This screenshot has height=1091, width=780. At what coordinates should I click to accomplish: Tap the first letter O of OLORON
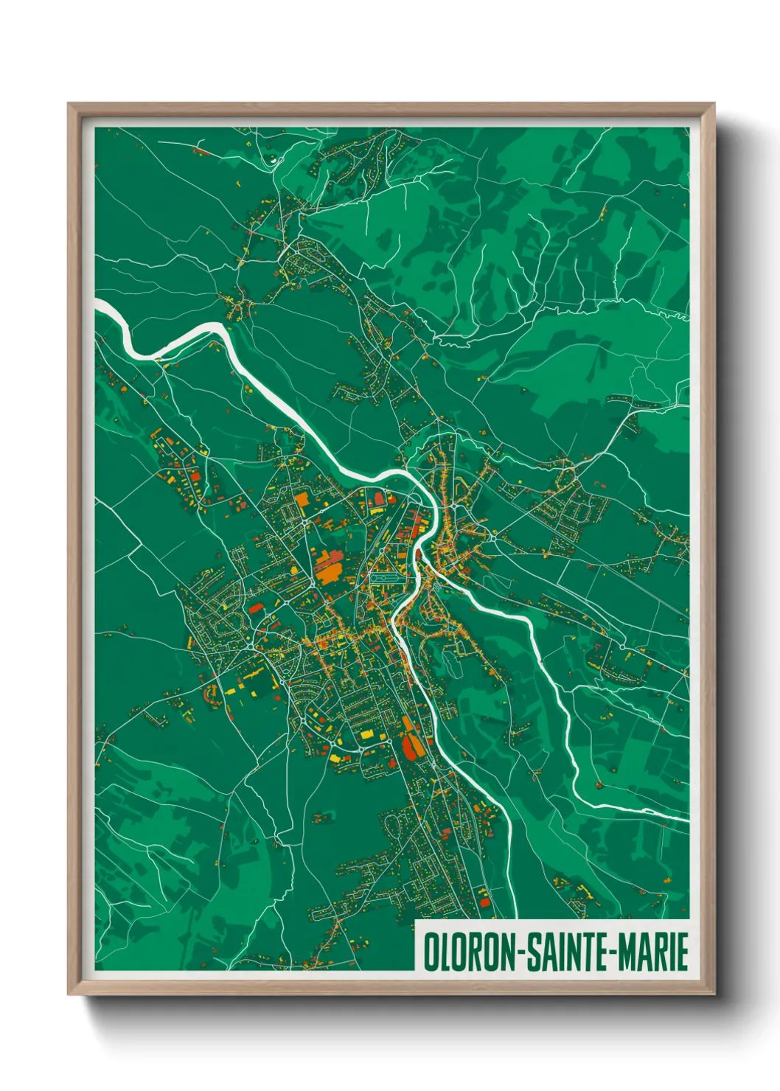pyautogui.click(x=430, y=952)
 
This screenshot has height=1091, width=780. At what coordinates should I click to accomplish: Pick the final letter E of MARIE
pyautogui.click(x=683, y=952)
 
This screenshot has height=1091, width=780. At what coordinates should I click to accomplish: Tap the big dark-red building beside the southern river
pyautogui.click(x=410, y=747)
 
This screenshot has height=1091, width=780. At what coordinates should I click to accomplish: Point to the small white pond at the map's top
pyautogui.click(x=274, y=157)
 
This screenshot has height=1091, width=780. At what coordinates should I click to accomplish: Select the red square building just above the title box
pyautogui.click(x=484, y=901)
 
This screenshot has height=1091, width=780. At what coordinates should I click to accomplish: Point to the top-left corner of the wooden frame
pyautogui.click(x=69, y=104)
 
